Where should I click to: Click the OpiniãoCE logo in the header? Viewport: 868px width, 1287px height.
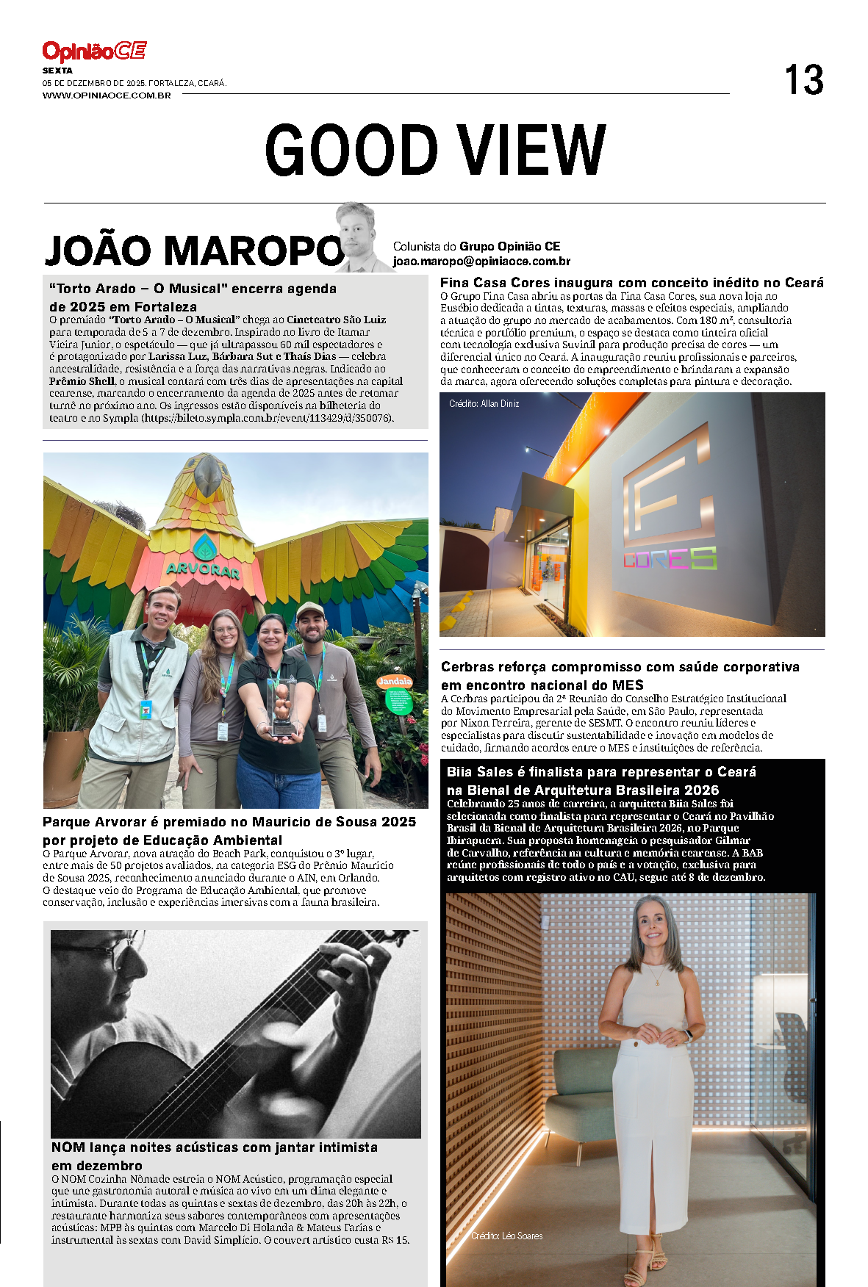pyautogui.click(x=94, y=51)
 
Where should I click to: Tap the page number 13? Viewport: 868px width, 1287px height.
pyautogui.click(x=803, y=80)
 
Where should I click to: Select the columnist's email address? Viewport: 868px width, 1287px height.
pyautogui.click(x=481, y=262)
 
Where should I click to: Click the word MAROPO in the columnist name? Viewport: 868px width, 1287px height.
pyautogui.click(x=253, y=250)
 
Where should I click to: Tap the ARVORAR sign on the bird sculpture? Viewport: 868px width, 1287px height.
pyautogui.click(x=203, y=568)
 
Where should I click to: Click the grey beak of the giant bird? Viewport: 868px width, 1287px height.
pyautogui.click(x=208, y=475)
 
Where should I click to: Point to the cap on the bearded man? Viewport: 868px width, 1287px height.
pyautogui.click(x=310, y=610)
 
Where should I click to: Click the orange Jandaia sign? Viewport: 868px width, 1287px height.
pyautogui.click(x=395, y=682)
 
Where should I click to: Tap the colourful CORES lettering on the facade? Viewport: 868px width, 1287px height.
pyautogui.click(x=670, y=559)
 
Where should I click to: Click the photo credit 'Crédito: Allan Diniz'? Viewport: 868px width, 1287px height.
pyautogui.click(x=484, y=404)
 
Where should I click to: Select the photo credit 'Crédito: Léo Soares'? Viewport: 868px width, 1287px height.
pyautogui.click(x=507, y=1236)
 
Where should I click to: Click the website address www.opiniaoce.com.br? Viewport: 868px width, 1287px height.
pyautogui.click(x=107, y=95)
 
